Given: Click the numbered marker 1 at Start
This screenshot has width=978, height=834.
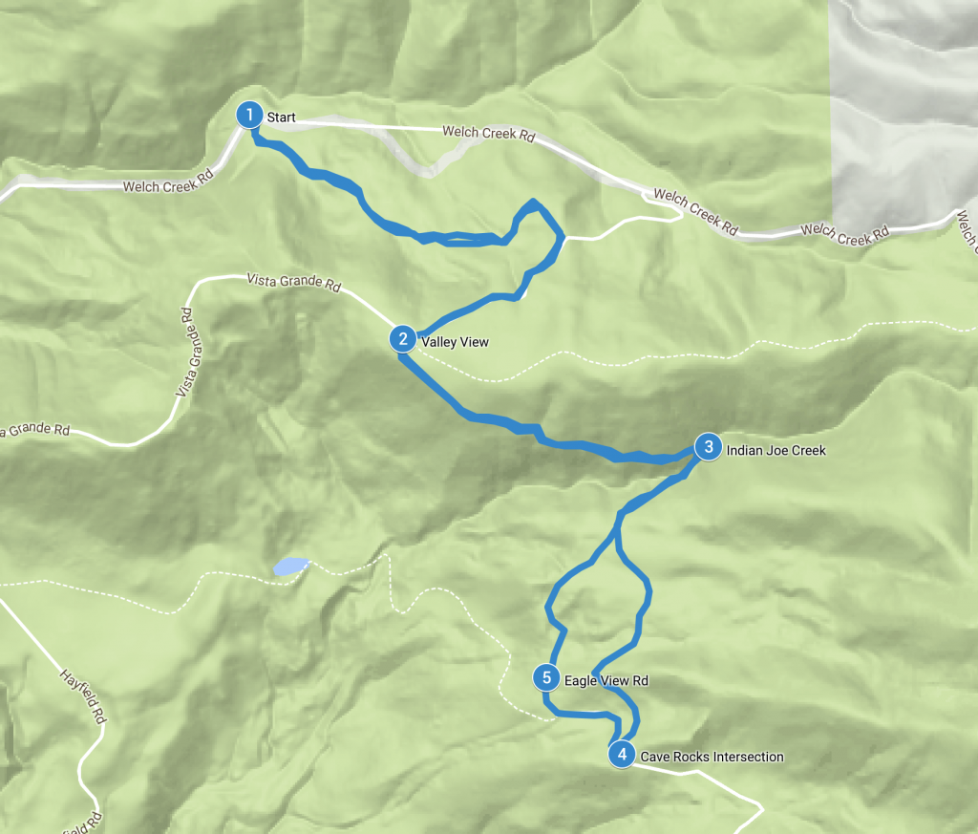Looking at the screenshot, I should point(249,116).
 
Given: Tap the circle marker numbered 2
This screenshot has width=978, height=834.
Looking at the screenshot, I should point(403,338).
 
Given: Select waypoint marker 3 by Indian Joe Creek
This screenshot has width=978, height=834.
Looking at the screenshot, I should point(707,446).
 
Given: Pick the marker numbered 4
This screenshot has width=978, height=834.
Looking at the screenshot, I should point(622,755).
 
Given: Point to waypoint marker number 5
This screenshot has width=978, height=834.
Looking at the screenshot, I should point(546,678).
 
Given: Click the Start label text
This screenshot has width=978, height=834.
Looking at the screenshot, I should point(281,118).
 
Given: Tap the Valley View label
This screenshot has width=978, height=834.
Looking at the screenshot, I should point(455,341).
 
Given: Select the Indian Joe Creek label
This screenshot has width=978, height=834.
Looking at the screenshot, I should point(776,449).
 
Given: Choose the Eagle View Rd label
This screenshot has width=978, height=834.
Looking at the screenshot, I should point(606,681).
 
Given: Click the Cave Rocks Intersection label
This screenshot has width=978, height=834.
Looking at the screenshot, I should point(712,757).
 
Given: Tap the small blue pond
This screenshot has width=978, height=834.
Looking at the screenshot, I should point(290,566).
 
